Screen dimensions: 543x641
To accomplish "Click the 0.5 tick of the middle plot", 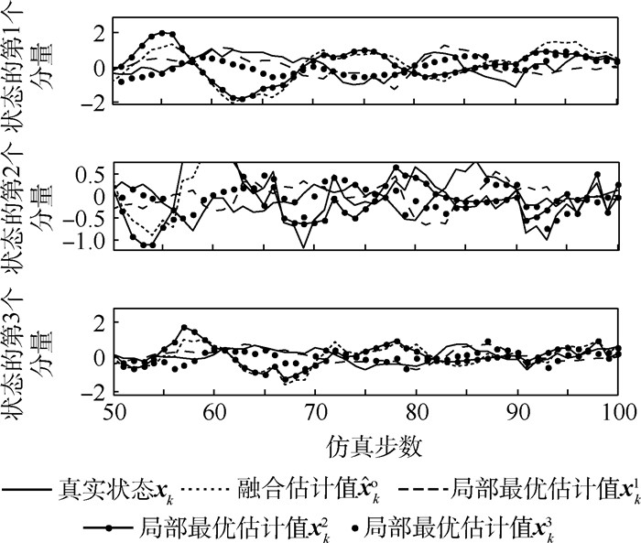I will [92, 175].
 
